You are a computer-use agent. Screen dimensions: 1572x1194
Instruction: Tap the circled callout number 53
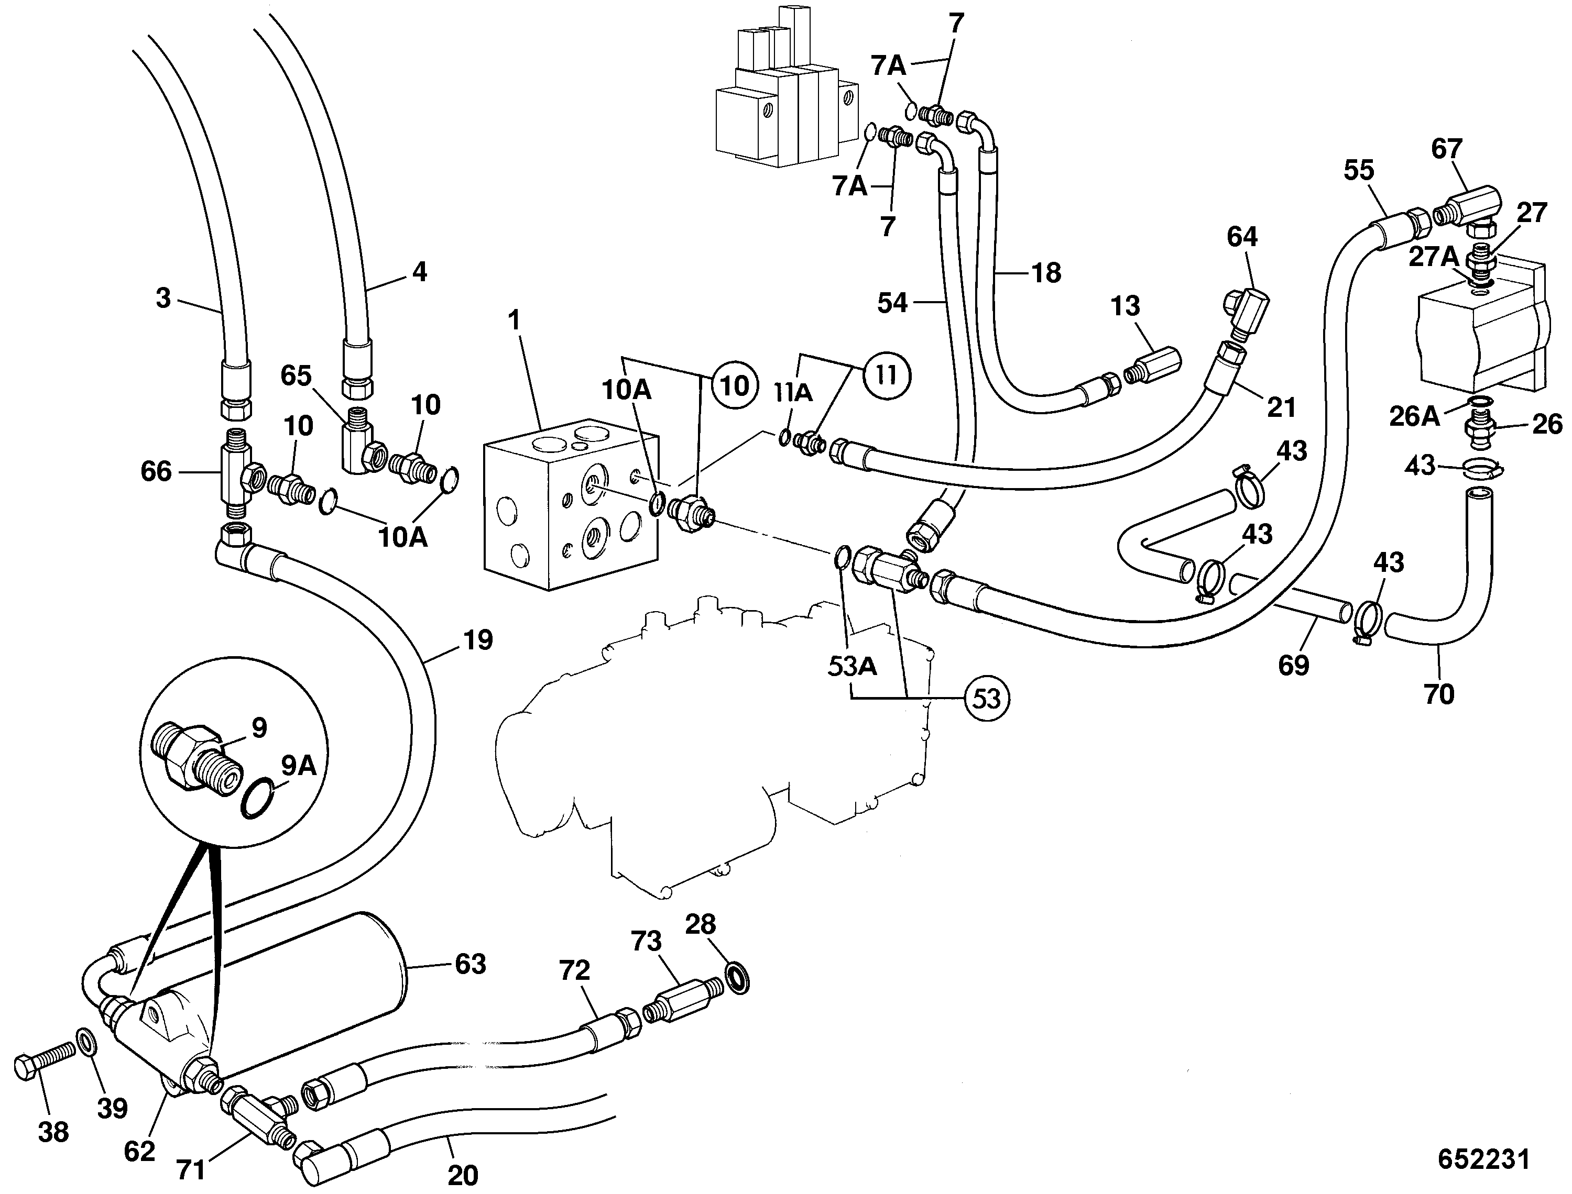[x=987, y=699]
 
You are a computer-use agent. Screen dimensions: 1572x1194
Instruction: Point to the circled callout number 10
[x=735, y=386]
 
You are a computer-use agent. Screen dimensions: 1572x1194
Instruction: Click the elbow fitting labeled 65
[x=362, y=446]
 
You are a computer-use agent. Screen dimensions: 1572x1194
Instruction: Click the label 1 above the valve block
[x=514, y=320]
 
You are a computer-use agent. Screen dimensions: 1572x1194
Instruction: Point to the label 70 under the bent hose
[x=1438, y=694]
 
